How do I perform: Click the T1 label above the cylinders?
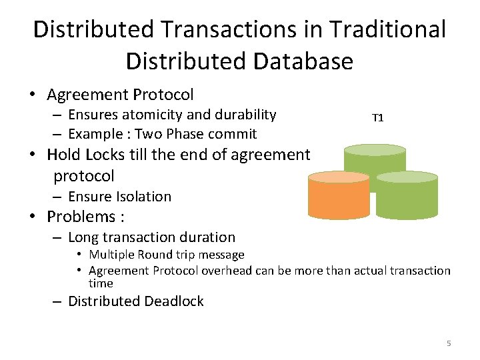[x=377, y=118]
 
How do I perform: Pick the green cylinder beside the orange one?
[x=407, y=196]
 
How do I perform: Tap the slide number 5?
[x=449, y=343]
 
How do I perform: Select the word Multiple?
[x=111, y=255]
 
